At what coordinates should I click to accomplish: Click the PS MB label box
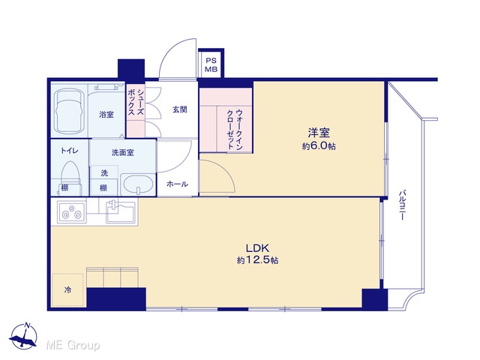[211, 65]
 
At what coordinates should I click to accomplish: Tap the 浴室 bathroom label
[106, 115]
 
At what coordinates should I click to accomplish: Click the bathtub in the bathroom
[69, 112]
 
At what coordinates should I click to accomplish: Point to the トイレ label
[70, 150]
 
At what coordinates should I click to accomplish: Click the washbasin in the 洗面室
[138, 184]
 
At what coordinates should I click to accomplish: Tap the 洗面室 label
[122, 152]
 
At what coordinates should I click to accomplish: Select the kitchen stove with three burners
[72, 211]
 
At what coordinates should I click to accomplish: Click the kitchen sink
[121, 211]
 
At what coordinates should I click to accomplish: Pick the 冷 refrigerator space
[67, 289]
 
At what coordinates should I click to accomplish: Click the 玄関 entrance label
[180, 109]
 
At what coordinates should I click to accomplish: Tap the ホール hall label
[177, 184]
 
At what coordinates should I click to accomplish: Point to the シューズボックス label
[136, 102]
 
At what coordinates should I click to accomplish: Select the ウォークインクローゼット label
[235, 130]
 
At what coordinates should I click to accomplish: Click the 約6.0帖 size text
[319, 146]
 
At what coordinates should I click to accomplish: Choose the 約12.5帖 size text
[257, 260]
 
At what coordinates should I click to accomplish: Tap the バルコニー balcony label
[403, 205]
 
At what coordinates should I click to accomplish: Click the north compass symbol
[23, 335]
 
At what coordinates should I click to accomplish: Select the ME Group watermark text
[73, 345]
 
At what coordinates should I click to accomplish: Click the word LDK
[257, 247]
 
